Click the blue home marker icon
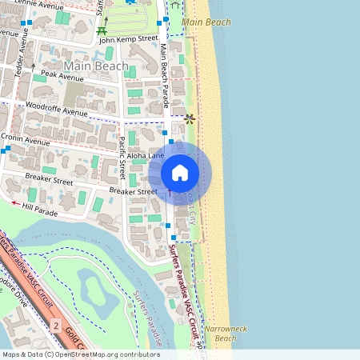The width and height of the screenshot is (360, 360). click(180, 173)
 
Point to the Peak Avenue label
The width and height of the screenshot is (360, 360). click(62, 77)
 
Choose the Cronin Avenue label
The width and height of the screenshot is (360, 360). click(26, 139)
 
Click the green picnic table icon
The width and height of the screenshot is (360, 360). click(102, 31)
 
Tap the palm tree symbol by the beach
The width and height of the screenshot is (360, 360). click(190, 118)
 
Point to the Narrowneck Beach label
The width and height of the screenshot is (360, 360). click(221, 334)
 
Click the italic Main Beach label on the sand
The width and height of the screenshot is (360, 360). click(206, 22)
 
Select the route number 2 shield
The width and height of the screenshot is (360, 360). click(55, 326)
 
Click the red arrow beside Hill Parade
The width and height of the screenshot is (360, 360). click(16, 202)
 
